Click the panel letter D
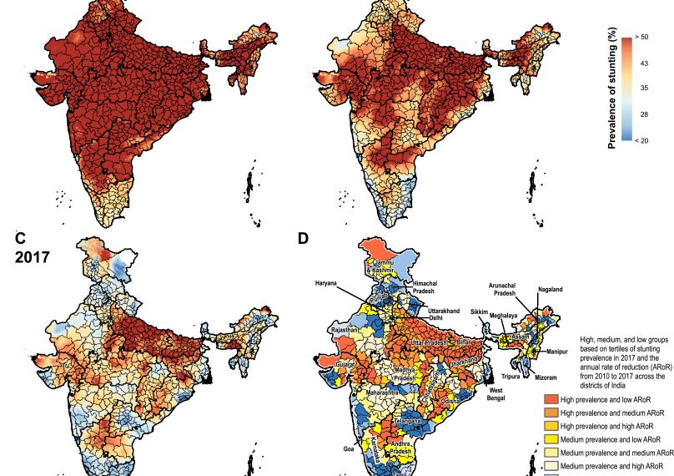pos(304,239)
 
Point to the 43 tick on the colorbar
pos(642,63)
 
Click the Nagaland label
pos(551,290)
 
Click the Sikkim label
pos(479,311)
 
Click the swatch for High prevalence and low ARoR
pos(549,401)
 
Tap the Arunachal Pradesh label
pos(510,287)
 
